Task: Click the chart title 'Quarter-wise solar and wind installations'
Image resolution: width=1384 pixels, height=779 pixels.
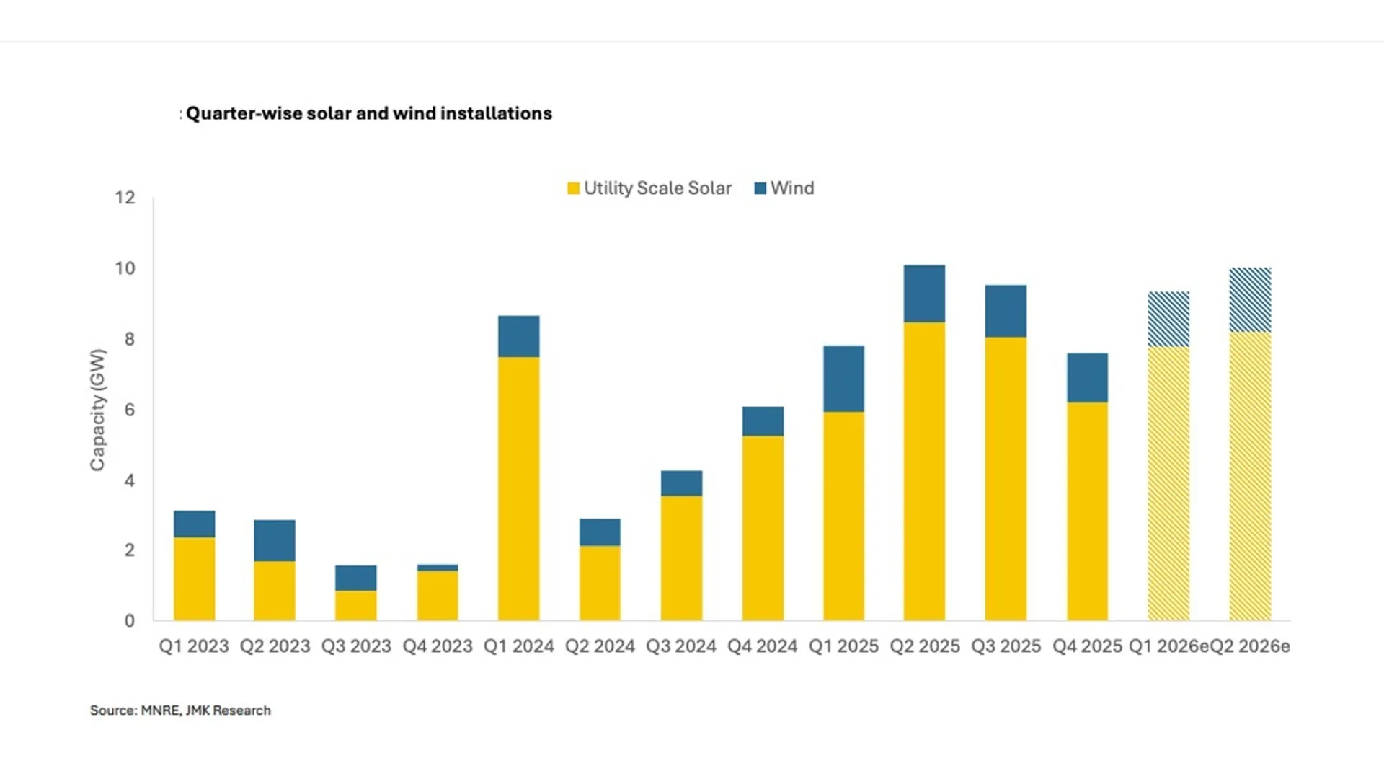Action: tap(368, 113)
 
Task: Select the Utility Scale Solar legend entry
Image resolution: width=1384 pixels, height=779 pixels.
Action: tap(649, 188)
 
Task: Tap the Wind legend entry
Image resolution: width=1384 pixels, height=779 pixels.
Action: tap(784, 188)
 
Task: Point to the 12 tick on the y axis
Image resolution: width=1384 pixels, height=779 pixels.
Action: tap(125, 198)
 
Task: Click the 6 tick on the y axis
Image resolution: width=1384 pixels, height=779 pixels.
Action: tap(129, 410)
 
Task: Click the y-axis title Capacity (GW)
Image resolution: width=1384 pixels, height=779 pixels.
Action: tap(98, 410)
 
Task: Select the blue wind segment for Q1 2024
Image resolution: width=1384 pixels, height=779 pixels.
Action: tap(518, 336)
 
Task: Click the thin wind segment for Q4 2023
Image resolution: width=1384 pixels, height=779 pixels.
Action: tap(438, 568)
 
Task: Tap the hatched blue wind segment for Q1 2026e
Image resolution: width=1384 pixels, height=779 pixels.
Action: tap(1168, 319)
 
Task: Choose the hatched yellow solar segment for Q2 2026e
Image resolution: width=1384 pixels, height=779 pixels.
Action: tap(1250, 476)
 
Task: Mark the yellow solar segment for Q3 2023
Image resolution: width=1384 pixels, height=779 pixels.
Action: tap(356, 605)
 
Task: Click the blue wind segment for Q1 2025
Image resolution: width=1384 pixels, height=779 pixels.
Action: tap(843, 379)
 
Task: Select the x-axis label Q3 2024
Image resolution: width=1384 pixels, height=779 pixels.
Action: tap(680, 646)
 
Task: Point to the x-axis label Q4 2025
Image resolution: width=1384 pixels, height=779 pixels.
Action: tap(1087, 646)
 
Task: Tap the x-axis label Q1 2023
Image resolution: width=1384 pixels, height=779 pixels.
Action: tap(193, 646)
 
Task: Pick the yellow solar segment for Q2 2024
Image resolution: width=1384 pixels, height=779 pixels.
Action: tap(600, 583)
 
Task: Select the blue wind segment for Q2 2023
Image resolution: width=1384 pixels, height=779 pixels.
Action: tap(275, 540)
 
